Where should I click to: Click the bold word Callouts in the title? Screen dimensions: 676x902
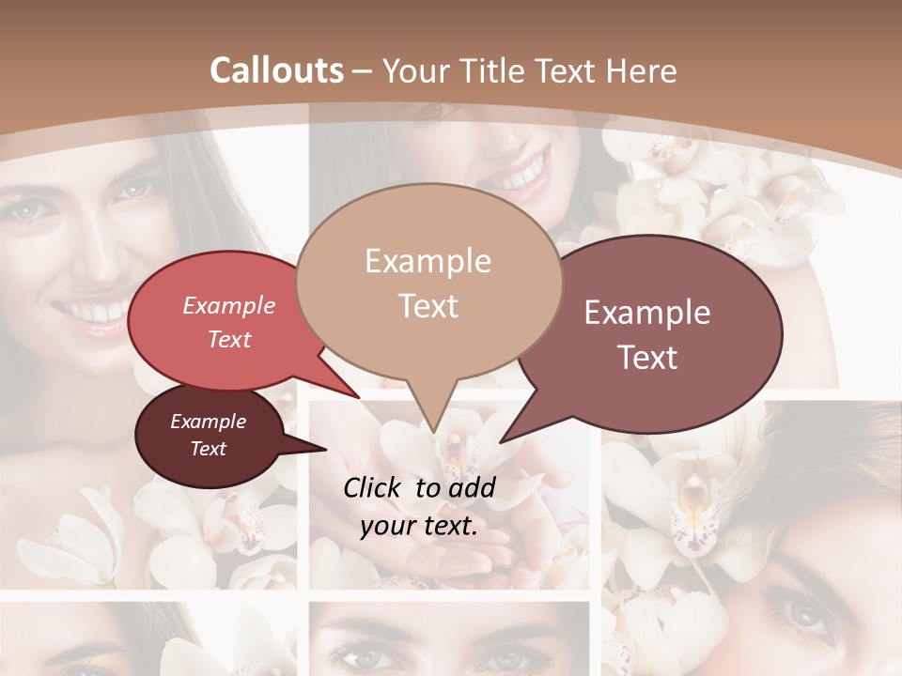(276, 70)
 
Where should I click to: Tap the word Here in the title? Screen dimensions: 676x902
(641, 70)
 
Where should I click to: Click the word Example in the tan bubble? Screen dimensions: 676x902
(428, 261)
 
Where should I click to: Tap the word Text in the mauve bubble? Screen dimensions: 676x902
(648, 358)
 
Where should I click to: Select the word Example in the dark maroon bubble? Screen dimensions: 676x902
(208, 422)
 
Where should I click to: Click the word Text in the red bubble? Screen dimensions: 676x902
(229, 340)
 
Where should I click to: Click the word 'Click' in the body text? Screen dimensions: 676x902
(374, 487)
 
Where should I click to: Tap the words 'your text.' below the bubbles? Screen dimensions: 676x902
(419, 527)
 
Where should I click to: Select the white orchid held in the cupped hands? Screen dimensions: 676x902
(451, 451)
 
